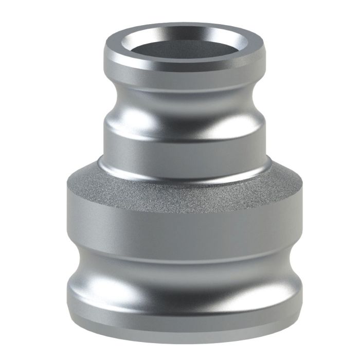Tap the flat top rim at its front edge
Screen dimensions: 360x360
coord(185,61)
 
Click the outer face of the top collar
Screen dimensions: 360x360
coord(185,72)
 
